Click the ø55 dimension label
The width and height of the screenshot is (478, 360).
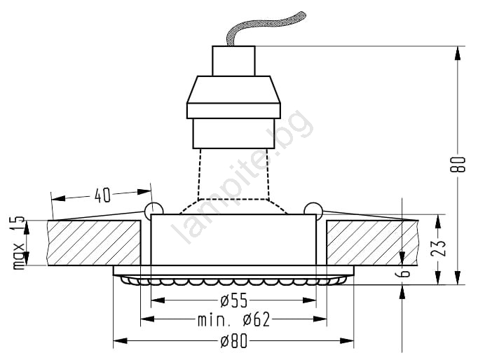(x=234, y=301)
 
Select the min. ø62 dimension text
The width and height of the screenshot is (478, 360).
(x=234, y=320)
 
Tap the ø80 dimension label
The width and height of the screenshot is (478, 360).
(x=234, y=341)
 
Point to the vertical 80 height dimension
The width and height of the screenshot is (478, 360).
(x=458, y=165)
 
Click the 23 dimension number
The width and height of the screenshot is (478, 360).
(x=438, y=248)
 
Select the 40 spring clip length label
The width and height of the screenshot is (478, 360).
(x=102, y=195)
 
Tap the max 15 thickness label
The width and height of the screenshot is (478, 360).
(x=19, y=242)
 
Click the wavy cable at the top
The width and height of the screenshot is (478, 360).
(x=265, y=28)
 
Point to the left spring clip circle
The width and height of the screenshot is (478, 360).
(x=154, y=209)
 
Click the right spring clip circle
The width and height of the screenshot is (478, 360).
(x=313, y=209)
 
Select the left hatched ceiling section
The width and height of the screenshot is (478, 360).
(x=94, y=243)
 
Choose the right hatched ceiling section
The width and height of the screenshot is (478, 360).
(x=372, y=243)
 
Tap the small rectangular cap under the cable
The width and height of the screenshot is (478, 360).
(x=233, y=61)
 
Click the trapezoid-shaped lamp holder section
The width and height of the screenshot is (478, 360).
(x=233, y=90)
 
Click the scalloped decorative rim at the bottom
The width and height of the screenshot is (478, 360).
(x=233, y=280)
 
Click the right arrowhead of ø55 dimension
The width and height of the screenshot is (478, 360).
(x=309, y=300)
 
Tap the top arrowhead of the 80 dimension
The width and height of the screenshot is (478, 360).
(x=458, y=54)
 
